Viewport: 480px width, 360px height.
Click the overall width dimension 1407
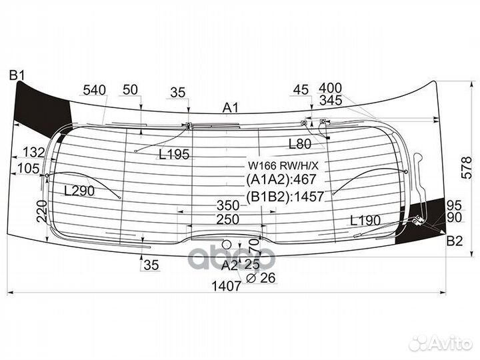(x=227, y=287)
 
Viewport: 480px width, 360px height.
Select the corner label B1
(x=16, y=75)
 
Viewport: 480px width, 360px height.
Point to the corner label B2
(x=455, y=241)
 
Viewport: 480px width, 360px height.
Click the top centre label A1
(x=231, y=108)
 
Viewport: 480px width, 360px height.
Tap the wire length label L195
(x=174, y=155)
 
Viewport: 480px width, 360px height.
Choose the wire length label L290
(x=79, y=191)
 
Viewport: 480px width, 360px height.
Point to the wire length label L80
(x=299, y=143)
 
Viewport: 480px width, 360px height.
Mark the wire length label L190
(x=365, y=220)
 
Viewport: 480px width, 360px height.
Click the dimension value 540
(x=95, y=90)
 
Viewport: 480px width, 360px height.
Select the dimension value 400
(x=331, y=88)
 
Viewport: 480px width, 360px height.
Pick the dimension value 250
(x=227, y=219)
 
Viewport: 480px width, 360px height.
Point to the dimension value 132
(x=33, y=153)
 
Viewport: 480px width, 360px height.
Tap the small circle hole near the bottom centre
(x=228, y=244)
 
